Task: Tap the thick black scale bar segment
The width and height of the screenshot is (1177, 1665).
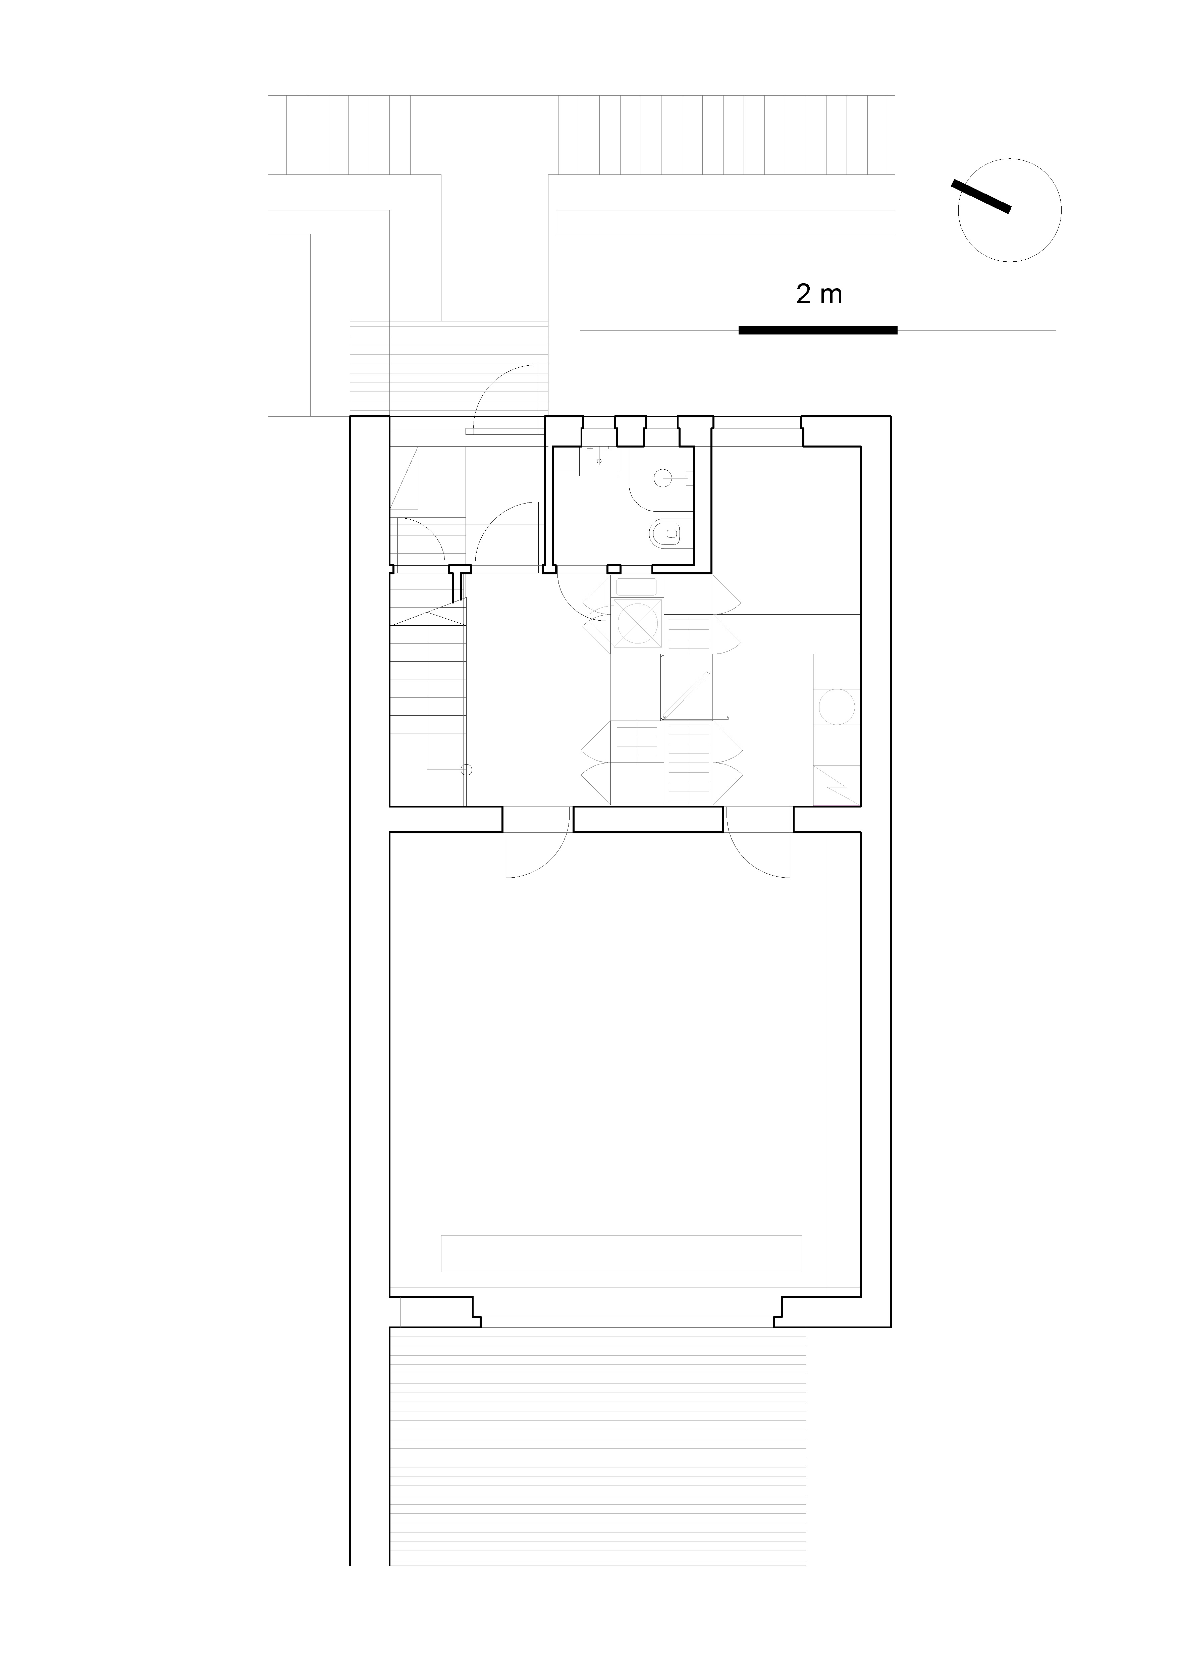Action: tap(818, 331)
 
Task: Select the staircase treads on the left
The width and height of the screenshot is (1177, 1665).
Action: tap(428, 689)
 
